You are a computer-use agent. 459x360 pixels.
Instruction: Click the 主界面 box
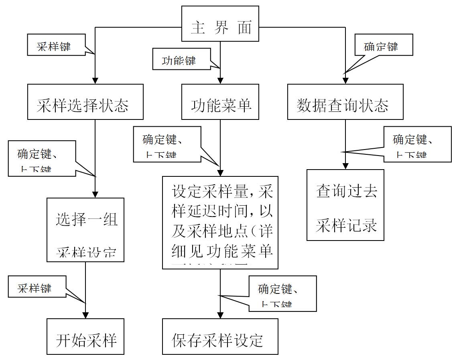point(220,24)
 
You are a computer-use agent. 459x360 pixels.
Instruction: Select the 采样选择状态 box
point(85,102)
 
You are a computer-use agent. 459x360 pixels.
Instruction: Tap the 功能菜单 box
point(220,102)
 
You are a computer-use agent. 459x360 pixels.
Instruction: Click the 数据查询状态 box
point(345,102)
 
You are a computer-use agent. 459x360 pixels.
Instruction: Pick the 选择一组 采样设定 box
point(85,230)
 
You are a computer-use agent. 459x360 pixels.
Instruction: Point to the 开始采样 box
point(85,336)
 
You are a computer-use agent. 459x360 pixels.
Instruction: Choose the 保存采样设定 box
point(220,336)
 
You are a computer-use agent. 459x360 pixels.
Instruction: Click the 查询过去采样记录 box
point(345,205)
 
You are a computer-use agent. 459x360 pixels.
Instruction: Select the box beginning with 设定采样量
point(220,222)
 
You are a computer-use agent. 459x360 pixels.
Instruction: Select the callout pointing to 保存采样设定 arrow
point(282,293)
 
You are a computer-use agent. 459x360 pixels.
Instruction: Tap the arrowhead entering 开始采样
point(85,315)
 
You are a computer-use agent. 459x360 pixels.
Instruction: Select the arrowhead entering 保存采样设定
point(220,315)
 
